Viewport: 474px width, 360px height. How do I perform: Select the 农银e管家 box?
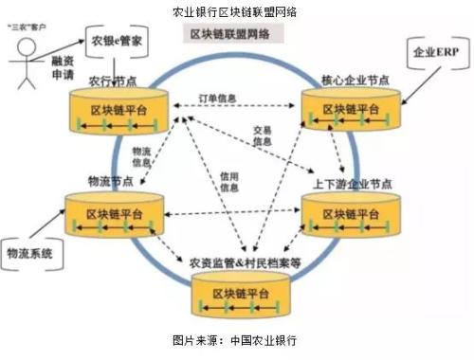118,42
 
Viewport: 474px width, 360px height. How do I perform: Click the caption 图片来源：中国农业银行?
236,338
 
